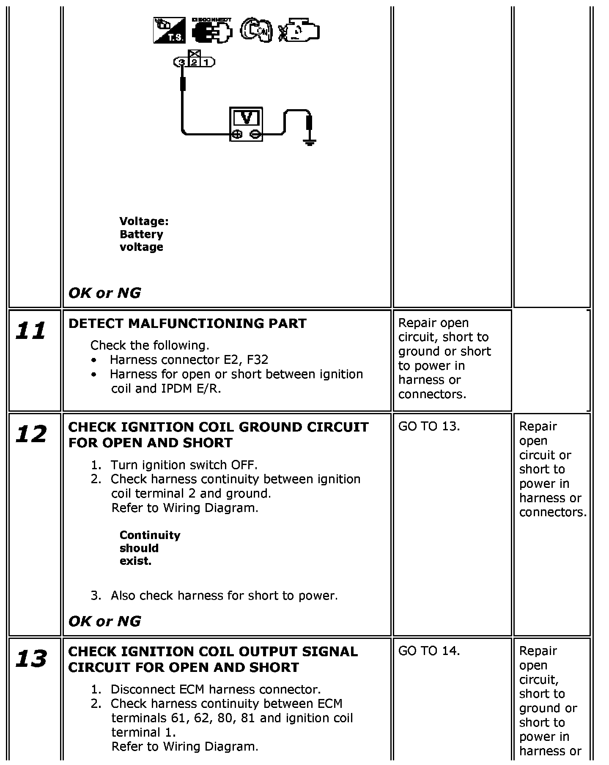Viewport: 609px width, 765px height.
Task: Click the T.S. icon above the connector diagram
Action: point(169,30)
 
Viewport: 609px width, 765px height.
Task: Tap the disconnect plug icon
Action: point(212,30)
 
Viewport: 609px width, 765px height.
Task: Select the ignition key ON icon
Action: point(256,30)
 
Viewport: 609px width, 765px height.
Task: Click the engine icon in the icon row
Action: point(299,30)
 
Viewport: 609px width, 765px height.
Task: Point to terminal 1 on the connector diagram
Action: point(206,63)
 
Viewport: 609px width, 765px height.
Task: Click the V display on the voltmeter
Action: point(246,117)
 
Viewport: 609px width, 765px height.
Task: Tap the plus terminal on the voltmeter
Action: point(237,135)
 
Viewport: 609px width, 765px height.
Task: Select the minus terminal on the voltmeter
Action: point(254,135)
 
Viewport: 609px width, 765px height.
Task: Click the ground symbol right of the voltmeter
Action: point(310,142)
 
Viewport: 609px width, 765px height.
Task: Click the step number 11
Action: point(30,331)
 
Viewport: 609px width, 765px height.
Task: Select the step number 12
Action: point(30,435)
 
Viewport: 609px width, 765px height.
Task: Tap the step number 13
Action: point(30,659)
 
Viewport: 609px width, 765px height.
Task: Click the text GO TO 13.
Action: point(429,427)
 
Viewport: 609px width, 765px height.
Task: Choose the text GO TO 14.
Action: point(429,651)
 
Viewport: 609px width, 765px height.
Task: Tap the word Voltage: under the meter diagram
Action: point(144,221)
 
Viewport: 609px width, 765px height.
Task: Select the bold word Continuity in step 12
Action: point(150,535)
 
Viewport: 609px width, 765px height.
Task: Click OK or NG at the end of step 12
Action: point(104,621)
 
